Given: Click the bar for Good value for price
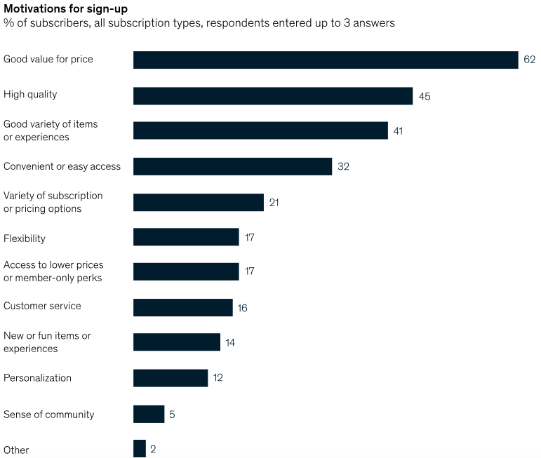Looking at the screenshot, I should click(x=326, y=60).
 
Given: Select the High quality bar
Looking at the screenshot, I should click(x=272, y=95).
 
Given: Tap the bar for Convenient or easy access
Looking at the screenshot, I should click(x=232, y=166).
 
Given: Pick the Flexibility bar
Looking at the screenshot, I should click(x=186, y=237).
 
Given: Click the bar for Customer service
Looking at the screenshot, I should click(x=182, y=308).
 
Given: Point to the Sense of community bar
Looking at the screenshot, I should click(x=149, y=414).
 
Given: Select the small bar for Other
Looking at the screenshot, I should click(x=140, y=449).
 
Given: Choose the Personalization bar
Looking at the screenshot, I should click(x=171, y=378).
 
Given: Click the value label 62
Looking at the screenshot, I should click(x=529, y=60).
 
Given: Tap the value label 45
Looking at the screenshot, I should click(x=425, y=96).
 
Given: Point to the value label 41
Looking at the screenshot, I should click(x=398, y=131).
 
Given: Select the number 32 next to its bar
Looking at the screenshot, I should click(x=343, y=167).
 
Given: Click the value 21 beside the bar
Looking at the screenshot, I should click(x=275, y=203).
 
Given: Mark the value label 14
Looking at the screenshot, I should click(x=230, y=343).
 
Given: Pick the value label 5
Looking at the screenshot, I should click(x=172, y=415).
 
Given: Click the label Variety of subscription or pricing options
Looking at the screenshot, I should click(x=53, y=202).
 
